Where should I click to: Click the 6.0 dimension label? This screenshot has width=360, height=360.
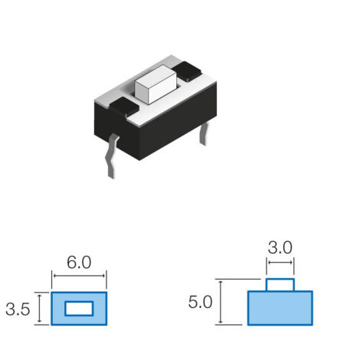click(79, 262)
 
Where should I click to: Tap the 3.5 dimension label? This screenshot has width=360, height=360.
click(18, 309)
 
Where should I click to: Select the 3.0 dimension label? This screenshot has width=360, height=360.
click(280, 247)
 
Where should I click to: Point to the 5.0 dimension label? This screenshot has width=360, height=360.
click(200, 302)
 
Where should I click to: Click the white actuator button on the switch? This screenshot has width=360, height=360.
click(155, 84)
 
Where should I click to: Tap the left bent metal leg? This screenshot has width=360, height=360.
click(112, 155)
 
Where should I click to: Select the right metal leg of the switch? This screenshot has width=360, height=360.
click(204, 133)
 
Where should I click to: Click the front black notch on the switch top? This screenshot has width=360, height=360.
click(124, 106)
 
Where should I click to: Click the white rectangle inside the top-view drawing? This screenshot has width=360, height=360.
click(79, 309)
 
